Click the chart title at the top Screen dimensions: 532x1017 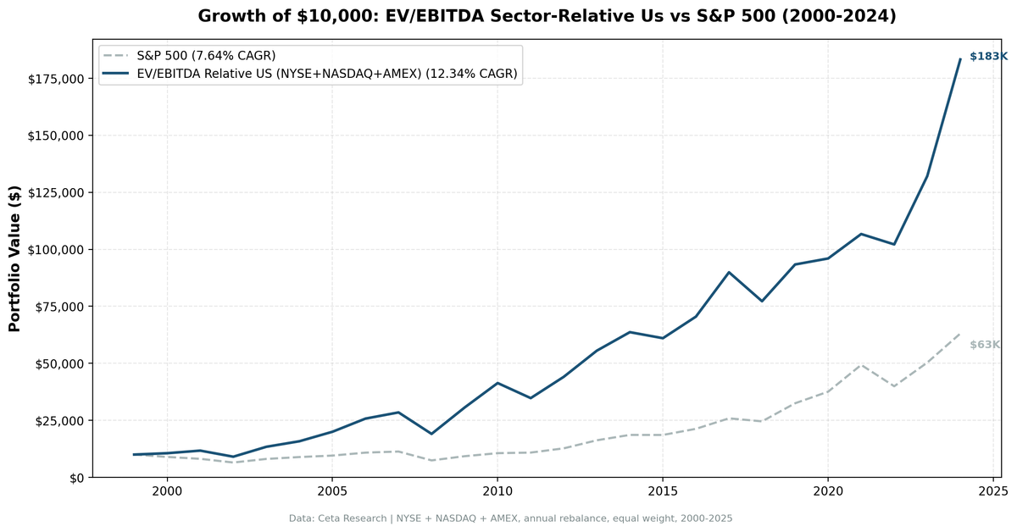[x=547, y=16]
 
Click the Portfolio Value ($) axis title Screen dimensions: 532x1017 [x=14, y=258]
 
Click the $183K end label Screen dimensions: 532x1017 [x=988, y=57]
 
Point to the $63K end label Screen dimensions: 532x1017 [x=985, y=345]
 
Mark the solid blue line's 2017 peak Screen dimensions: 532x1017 [x=729, y=272]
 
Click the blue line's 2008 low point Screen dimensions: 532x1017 [x=431, y=434]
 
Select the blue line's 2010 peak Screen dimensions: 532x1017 [x=497, y=383]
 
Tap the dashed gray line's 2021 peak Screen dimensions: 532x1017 [x=861, y=364]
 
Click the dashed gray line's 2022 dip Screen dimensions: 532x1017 [x=894, y=386]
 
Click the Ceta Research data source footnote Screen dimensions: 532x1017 [x=510, y=518]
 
